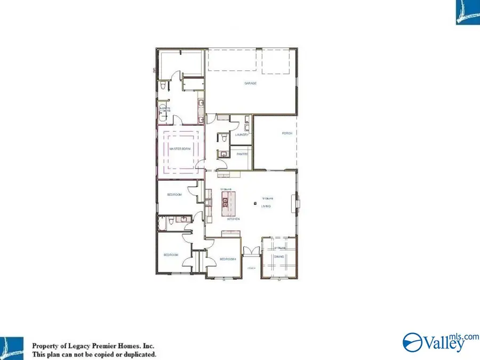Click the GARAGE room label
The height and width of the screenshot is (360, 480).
[x=250, y=83]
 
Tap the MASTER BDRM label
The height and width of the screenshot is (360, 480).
[x=180, y=149]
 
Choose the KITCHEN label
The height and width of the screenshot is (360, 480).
[x=234, y=219]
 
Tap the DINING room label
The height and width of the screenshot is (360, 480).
[x=278, y=256]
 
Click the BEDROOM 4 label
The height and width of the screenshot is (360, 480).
[x=228, y=259]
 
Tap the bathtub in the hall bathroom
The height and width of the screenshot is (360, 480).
[x=162, y=223]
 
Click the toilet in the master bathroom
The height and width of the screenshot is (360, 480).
[x=162, y=86]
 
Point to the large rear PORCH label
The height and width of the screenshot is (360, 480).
[x=287, y=133]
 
